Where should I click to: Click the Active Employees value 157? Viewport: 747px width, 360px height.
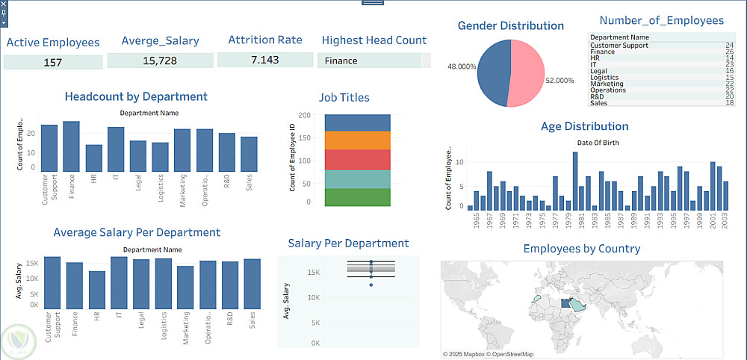pyautogui.click(x=52, y=62)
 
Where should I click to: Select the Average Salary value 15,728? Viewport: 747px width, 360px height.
pyautogui.click(x=159, y=60)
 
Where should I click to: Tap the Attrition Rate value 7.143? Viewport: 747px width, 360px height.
pyautogui.click(x=264, y=60)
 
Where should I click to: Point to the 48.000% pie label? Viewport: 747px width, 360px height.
pyautogui.click(x=462, y=66)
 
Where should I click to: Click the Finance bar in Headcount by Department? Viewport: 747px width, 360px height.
pyautogui.click(x=71, y=146)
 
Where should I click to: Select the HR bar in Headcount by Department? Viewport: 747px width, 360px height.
pyautogui.click(x=93, y=158)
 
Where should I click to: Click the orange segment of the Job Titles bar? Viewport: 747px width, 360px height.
pyautogui.click(x=358, y=140)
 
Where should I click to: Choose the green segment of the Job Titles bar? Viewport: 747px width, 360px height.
pyautogui.click(x=358, y=197)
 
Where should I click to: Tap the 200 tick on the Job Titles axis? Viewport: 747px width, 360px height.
pyautogui.click(x=304, y=115)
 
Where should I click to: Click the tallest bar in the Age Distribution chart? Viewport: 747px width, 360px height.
pyautogui.click(x=575, y=181)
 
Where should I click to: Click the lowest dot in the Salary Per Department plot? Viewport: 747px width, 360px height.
pyautogui.click(x=371, y=285)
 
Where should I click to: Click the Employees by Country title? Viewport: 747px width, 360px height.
pyautogui.click(x=581, y=249)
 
